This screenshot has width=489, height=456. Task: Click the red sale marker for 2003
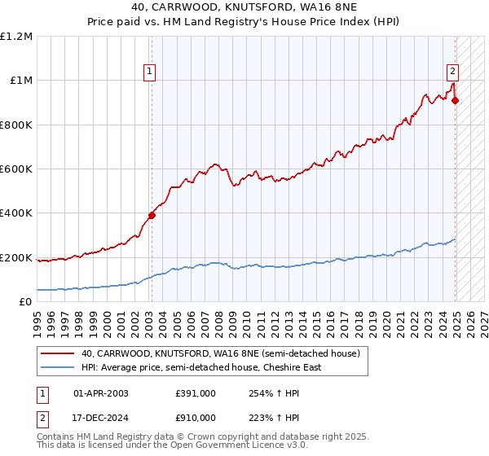(152, 215)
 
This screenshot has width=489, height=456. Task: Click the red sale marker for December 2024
(455, 100)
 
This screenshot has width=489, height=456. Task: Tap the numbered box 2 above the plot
(452, 70)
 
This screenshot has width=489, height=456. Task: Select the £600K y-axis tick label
(16, 169)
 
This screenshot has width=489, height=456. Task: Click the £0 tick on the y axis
(26, 302)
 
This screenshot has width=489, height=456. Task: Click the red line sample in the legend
(59, 353)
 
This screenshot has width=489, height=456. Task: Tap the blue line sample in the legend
(59, 367)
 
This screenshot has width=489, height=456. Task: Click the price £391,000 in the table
(195, 392)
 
